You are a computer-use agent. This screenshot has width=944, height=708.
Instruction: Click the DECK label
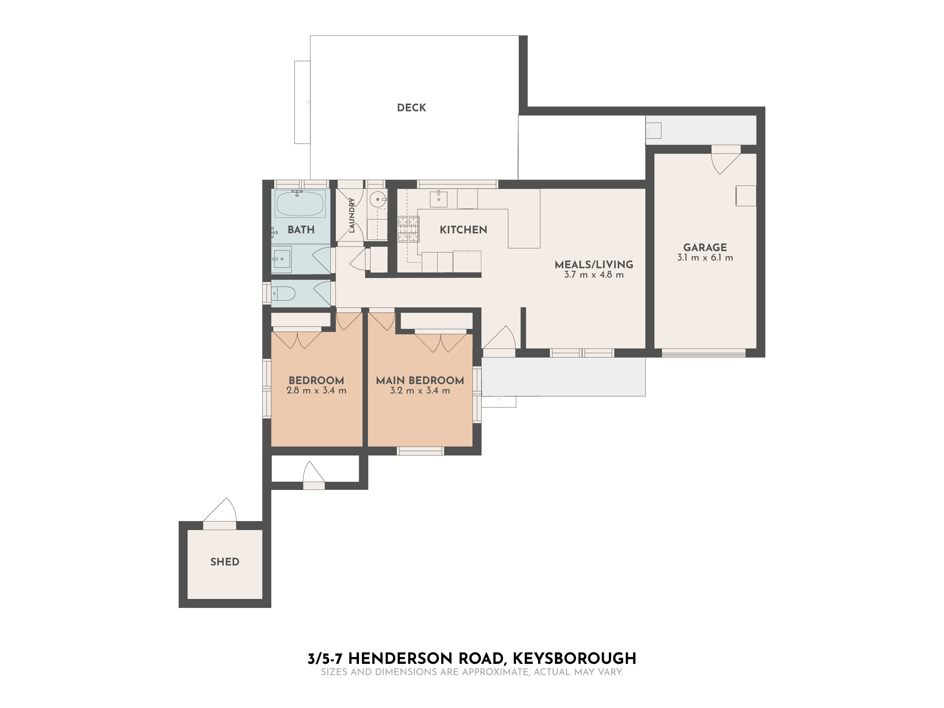(x=411, y=108)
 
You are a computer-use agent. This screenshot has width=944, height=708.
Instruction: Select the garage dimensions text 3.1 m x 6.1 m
(x=705, y=258)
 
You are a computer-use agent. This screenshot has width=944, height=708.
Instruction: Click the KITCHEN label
(x=463, y=230)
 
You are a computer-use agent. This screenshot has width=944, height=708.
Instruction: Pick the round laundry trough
(x=378, y=199)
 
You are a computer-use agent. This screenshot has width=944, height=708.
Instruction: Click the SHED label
(x=225, y=562)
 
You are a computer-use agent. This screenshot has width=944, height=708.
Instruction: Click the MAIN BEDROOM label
(x=420, y=380)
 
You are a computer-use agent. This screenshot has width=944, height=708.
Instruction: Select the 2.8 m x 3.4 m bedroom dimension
(x=316, y=391)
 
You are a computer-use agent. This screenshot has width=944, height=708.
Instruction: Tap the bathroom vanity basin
(x=282, y=259)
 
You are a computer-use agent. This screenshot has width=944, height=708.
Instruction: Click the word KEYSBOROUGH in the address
(x=574, y=658)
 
